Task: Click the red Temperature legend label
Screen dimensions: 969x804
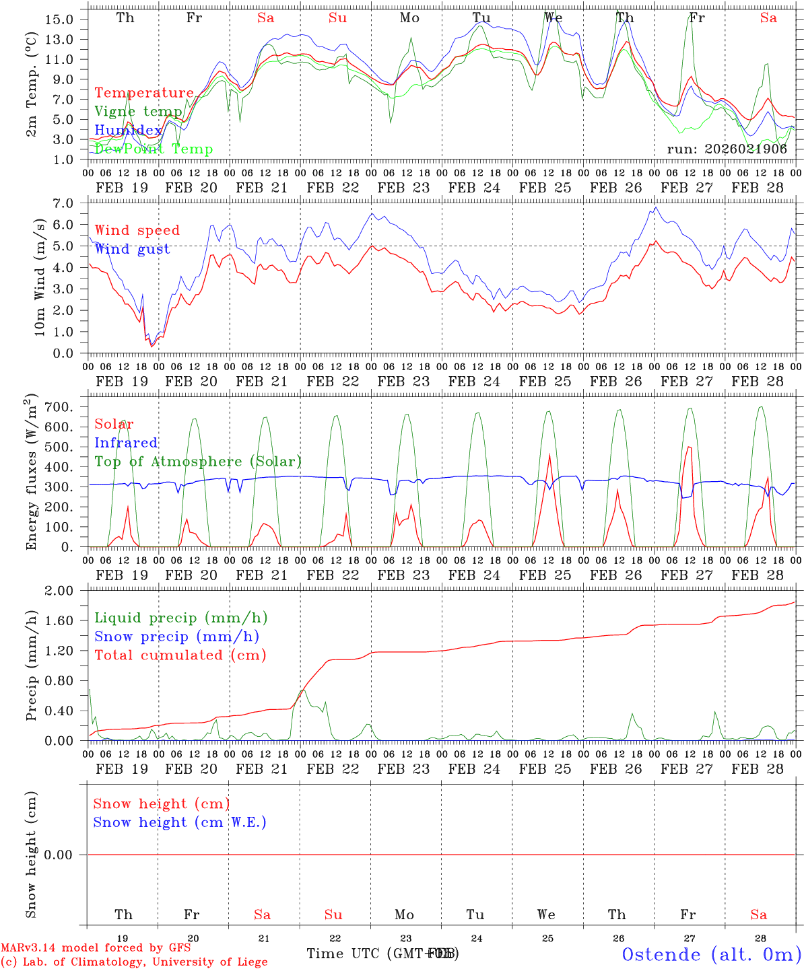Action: [144, 93]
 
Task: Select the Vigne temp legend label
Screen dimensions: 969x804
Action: [138, 112]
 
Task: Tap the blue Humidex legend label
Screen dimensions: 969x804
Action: [128, 131]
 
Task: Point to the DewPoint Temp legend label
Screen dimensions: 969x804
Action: [154, 149]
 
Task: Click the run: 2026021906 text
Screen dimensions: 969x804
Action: [727, 149]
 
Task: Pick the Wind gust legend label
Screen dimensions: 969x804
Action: [132, 249]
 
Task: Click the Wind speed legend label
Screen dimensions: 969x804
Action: [137, 230]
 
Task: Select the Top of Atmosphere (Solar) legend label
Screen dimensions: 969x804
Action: [198, 462]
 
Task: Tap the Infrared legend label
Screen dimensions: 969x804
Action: [126, 443]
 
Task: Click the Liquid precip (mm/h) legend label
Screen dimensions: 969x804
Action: [180, 618]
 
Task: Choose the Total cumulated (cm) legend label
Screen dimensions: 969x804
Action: [180, 655]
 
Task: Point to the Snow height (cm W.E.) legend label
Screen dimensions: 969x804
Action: [180, 822]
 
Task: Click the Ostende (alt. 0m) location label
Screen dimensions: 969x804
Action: [711, 954]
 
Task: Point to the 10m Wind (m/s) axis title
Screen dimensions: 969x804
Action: [40, 278]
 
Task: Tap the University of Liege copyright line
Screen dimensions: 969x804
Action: [134, 962]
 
